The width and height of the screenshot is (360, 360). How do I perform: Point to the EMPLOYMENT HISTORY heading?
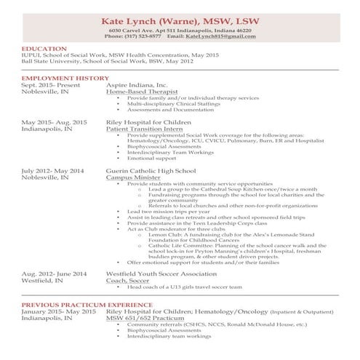pyautogui.click(x=65, y=78)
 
